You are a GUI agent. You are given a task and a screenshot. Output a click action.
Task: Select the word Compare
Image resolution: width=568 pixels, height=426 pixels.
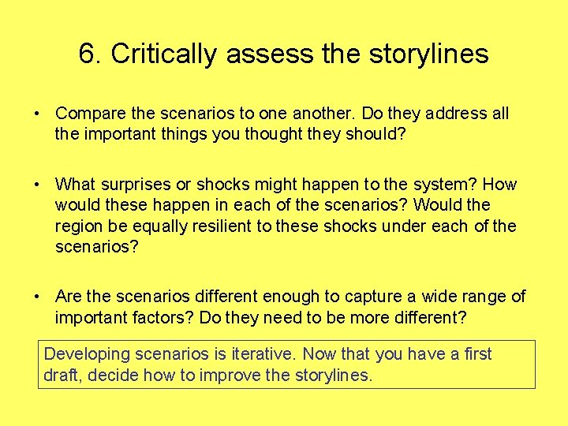(x=88, y=114)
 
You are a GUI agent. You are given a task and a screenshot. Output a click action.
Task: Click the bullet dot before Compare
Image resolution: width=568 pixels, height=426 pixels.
(x=37, y=114)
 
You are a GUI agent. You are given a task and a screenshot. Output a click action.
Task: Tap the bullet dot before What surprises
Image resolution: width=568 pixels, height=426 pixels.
(x=37, y=185)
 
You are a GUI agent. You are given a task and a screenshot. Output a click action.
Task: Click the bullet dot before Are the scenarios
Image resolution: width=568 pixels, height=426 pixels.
(x=37, y=297)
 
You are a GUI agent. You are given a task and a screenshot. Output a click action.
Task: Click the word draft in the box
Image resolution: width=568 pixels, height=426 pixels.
(x=62, y=376)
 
